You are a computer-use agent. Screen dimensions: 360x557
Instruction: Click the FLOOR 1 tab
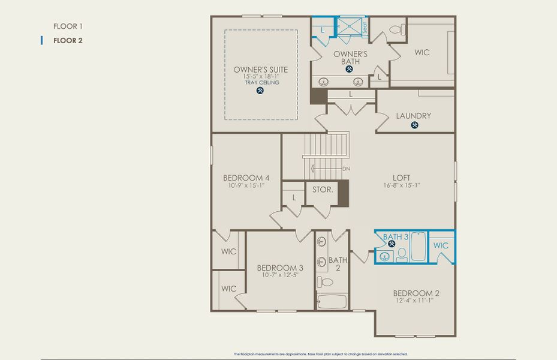point(67,26)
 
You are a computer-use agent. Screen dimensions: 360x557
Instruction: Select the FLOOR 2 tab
point(67,41)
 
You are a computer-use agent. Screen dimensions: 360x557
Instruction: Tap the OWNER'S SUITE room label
point(260,70)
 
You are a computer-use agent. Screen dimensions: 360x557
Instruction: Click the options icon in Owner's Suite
point(260,91)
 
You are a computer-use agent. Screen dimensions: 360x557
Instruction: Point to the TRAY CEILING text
point(261,82)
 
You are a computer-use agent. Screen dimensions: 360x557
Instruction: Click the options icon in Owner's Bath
point(350,69)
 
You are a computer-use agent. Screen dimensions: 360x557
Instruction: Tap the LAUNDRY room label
point(413,116)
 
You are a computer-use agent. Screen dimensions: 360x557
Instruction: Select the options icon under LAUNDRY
point(414,125)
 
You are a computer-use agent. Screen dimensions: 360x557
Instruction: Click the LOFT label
point(401,178)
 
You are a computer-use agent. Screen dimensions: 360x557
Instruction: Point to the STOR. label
point(322,190)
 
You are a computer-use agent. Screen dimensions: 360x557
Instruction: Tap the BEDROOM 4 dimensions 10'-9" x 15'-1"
point(246,186)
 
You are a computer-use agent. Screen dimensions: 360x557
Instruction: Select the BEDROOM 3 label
point(279,268)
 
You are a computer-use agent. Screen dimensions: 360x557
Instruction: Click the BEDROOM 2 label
point(416,293)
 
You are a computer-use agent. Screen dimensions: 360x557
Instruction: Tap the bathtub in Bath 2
point(332,301)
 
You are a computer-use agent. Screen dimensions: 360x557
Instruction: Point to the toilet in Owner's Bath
point(396,29)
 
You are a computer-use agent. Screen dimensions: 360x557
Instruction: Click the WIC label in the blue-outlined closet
point(441,245)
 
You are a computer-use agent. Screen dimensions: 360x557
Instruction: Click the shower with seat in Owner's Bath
point(350,26)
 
